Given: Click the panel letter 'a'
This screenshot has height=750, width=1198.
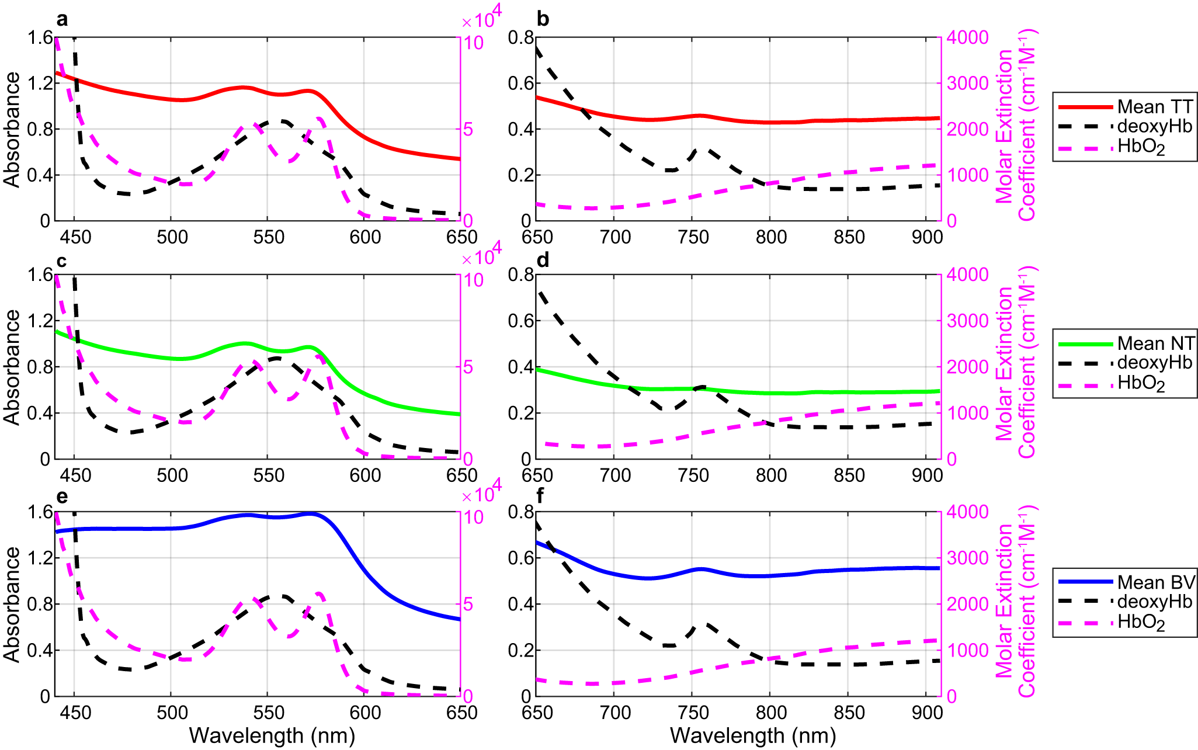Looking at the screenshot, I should click(x=62, y=20).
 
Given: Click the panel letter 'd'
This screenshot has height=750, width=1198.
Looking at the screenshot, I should click(x=543, y=261).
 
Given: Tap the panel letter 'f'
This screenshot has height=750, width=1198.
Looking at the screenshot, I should click(x=541, y=496).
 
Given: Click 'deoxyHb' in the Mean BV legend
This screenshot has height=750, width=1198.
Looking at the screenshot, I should click(x=1154, y=602).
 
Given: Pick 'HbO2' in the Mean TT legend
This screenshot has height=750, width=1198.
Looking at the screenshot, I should click(x=1141, y=147).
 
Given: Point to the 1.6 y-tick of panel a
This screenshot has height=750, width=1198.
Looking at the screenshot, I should click(x=40, y=38).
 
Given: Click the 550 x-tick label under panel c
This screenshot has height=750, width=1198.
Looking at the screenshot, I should click(x=269, y=475).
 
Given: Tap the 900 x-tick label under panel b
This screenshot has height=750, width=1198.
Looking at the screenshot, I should click(x=927, y=237).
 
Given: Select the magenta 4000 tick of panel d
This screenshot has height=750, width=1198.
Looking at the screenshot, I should click(x=967, y=275).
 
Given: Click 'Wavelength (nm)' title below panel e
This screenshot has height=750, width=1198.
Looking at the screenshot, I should click(x=272, y=735).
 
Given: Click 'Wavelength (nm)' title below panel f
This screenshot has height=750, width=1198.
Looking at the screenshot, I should click(x=753, y=735).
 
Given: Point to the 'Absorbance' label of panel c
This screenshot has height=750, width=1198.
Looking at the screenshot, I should click(x=12, y=367).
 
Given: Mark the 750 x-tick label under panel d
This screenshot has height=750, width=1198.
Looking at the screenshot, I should click(x=693, y=475).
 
